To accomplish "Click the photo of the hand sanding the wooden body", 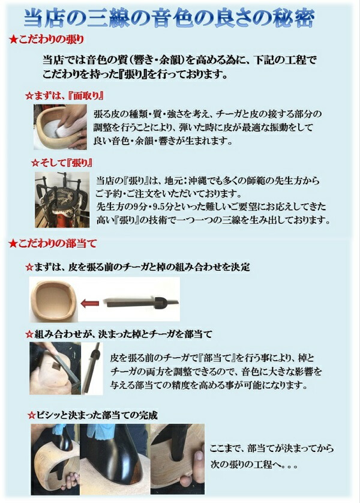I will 60,127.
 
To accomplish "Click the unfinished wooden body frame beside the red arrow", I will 53,300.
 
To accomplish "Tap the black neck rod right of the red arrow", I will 142,301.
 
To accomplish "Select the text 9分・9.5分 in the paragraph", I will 154,206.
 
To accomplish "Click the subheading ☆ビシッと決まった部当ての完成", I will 93,415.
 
